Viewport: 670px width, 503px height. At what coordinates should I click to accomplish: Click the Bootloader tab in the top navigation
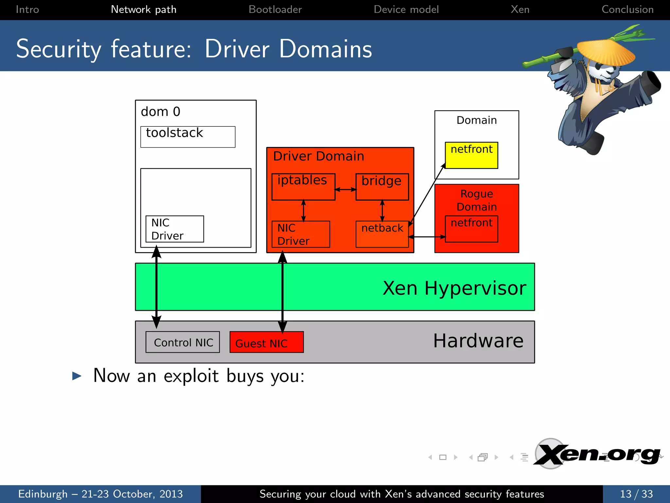(x=275, y=9)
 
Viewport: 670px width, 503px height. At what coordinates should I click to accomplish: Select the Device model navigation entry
(x=406, y=9)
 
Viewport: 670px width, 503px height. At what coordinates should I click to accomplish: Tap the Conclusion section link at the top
(x=627, y=9)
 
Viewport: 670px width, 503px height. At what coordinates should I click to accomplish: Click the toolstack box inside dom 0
(x=188, y=137)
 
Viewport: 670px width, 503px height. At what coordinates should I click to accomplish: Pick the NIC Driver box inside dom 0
(x=175, y=229)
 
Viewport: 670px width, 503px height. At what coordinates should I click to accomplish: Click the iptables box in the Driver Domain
(x=303, y=187)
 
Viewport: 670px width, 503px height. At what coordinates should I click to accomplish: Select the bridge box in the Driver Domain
(x=382, y=187)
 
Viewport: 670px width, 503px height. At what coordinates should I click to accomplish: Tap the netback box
(x=382, y=234)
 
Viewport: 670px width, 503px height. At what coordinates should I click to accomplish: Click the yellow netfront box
(x=471, y=155)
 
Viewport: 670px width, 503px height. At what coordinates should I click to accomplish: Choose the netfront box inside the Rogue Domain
(x=471, y=229)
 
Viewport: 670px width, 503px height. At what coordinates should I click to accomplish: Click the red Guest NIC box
(x=266, y=342)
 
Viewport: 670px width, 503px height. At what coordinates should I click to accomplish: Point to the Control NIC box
(x=183, y=342)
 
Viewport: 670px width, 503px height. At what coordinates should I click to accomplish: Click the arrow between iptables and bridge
(x=345, y=189)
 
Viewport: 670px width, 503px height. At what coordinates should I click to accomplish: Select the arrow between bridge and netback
(x=382, y=211)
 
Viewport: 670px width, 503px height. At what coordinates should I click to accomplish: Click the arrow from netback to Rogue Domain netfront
(x=427, y=236)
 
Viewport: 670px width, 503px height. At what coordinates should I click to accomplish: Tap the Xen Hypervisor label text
(x=454, y=288)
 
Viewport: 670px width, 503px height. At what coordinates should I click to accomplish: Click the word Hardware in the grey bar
(x=478, y=341)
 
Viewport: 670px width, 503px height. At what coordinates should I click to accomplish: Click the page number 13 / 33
(x=636, y=494)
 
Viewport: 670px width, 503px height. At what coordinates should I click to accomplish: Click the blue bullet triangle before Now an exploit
(x=77, y=376)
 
